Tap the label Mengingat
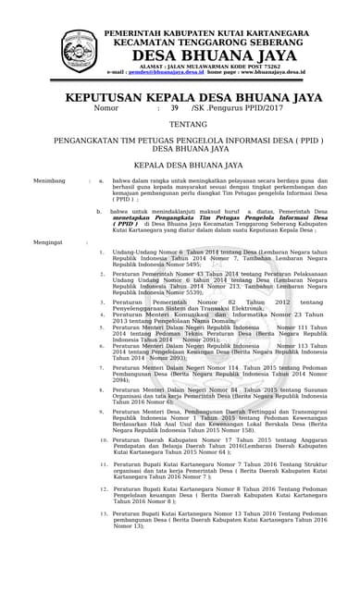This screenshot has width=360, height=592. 47,241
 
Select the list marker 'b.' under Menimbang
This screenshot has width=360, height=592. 101,211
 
